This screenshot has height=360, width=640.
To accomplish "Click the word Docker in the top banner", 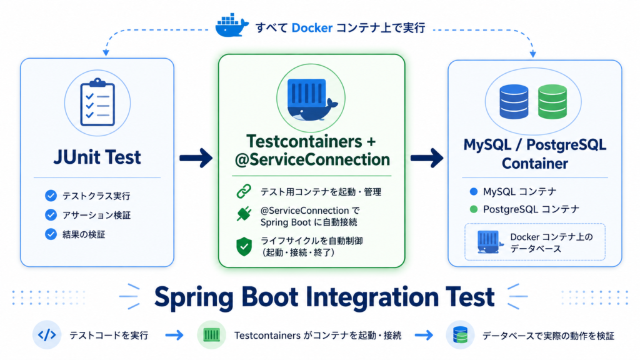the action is pos(312,27).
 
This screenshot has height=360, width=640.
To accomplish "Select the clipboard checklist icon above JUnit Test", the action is pos(97,102).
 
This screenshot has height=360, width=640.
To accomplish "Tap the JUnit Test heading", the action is pos(97,157).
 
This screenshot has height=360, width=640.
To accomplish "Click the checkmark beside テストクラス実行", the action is pos(51,196).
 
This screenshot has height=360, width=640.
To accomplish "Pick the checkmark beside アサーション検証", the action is pos(51,215).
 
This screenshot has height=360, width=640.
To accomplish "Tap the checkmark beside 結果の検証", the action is pos(51,234).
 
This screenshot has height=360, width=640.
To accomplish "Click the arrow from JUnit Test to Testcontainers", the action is pos(196,158).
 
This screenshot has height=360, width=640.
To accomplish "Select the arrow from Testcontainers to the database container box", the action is pos(427,158).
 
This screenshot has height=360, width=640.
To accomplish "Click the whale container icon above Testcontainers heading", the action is pos(312,99).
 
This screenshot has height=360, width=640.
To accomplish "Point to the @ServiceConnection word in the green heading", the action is pos(312,159).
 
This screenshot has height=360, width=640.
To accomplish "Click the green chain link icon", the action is pos(244,191).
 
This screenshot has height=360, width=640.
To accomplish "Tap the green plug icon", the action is pos(244,214).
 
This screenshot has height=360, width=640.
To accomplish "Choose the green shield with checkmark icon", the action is pos(244,246).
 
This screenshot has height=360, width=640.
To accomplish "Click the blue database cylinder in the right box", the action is pos(514,102).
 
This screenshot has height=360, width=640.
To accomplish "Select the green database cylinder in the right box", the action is pos(552,102).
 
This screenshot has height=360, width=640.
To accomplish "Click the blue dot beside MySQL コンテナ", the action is pos(474,191).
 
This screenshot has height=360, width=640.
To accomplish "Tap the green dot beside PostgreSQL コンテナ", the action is pos(474,209).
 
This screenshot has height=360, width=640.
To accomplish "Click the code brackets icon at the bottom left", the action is pos(47,335).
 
